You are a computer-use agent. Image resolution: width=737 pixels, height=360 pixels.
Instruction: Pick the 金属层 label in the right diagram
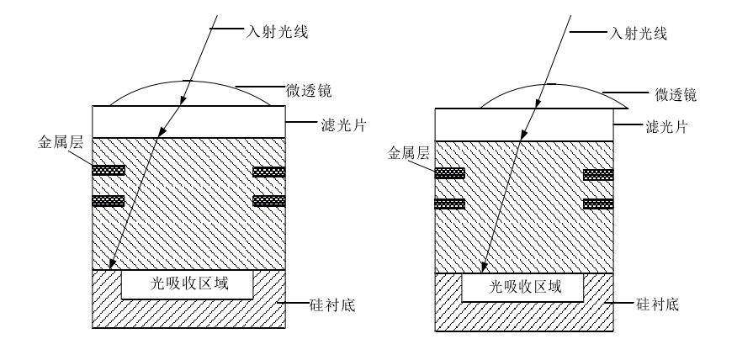click(406, 155)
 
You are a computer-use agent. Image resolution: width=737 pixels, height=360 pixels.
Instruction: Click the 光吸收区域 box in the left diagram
click(188, 285)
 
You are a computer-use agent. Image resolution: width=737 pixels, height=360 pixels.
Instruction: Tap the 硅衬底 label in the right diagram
click(659, 306)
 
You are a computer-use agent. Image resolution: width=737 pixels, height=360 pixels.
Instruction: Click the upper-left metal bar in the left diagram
click(108, 171)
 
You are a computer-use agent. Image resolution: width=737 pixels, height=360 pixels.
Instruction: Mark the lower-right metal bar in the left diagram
click(269, 201)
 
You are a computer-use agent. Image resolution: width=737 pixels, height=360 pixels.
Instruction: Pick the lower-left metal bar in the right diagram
click(448, 204)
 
